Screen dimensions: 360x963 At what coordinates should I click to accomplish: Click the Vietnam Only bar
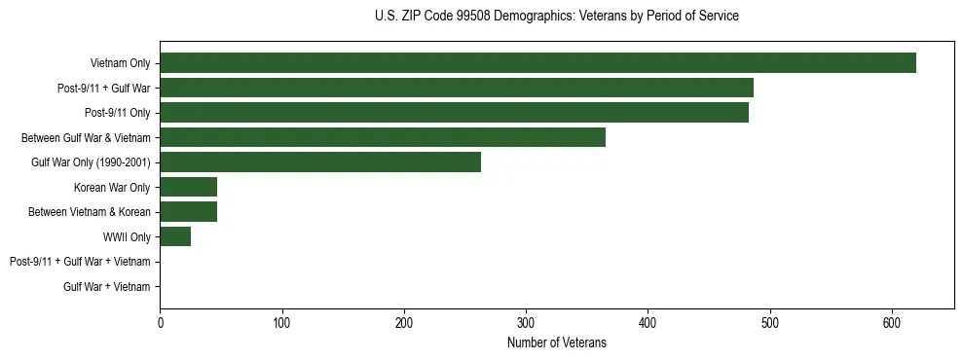click(x=537, y=63)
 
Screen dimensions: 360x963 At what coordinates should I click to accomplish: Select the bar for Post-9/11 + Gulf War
click(x=457, y=88)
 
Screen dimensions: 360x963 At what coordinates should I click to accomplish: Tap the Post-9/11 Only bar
click(x=454, y=113)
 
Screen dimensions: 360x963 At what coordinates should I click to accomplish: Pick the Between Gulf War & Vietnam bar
click(x=383, y=137)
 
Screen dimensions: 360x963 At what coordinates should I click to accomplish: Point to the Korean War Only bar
click(x=189, y=187)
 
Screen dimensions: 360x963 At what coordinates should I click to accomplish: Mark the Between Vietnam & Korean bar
click(x=189, y=212)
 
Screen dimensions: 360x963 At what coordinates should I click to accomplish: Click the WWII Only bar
click(x=175, y=236)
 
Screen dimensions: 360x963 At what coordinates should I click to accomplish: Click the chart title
click(x=556, y=17)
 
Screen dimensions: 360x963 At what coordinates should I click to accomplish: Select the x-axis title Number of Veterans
click(x=556, y=342)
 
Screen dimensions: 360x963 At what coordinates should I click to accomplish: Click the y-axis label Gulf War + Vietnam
click(x=107, y=286)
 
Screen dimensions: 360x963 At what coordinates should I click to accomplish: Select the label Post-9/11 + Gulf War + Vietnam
click(x=80, y=262)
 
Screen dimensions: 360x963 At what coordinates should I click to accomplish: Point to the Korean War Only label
click(x=112, y=187)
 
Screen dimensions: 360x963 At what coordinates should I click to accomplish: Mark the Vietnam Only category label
click(x=121, y=63)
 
